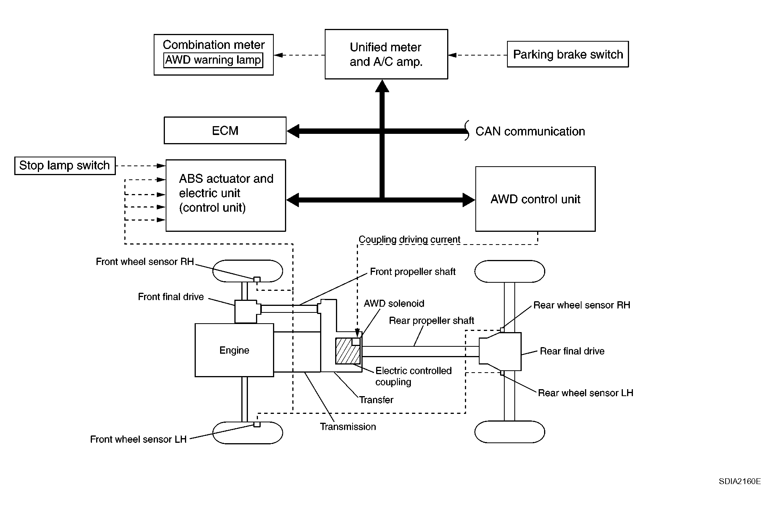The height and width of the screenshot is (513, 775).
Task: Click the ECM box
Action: point(225,130)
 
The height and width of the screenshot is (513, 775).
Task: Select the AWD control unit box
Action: point(535,199)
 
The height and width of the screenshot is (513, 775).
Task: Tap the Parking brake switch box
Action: point(568,54)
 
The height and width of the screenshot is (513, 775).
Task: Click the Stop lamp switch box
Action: point(65,165)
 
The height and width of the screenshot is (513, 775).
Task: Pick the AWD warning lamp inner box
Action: point(213,60)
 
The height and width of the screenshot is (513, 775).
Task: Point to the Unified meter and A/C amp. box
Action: point(386,54)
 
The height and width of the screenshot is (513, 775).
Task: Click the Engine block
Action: point(234,350)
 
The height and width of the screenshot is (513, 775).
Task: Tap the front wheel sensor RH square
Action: point(257,279)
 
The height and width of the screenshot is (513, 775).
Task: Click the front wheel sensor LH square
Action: point(257,424)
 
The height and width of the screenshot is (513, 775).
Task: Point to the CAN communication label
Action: point(530,132)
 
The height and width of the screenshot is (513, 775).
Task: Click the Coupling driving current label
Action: point(409,240)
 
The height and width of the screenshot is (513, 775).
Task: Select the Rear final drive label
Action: point(572,351)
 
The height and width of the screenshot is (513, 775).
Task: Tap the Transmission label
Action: point(348,427)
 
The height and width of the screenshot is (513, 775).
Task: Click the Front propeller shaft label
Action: point(412,272)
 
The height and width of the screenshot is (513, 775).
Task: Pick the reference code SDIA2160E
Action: point(739,481)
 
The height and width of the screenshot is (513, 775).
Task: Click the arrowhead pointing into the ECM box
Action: point(293,131)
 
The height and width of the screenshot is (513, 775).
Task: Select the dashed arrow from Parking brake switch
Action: point(477,55)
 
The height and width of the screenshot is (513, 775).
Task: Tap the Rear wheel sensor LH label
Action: point(585,393)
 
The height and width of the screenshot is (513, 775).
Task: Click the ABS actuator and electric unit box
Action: point(226,196)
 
